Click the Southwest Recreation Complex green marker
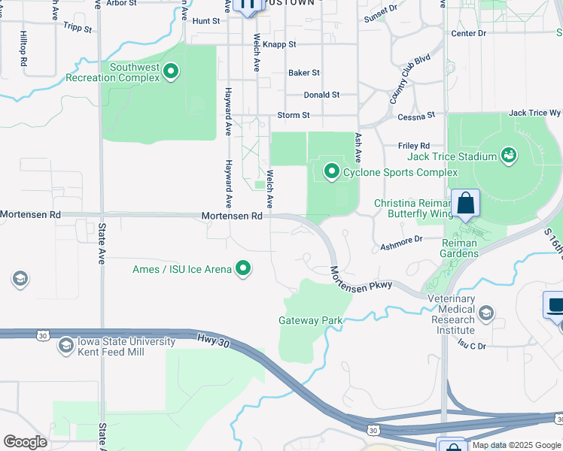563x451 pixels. tap(171, 72)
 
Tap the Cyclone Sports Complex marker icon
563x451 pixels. tap(331, 172)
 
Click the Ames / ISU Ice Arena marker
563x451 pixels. tap(242, 268)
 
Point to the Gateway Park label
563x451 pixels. tap(311, 320)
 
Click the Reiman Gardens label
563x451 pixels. tap(459, 248)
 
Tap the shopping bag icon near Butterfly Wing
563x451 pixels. tap(466, 204)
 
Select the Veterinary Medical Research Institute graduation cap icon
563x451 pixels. tap(486, 312)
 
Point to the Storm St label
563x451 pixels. tap(294, 115)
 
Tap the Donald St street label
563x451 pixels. tap(321, 95)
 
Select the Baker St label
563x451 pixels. tap(304, 73)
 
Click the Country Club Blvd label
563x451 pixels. tap(409, 78)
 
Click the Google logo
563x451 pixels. tap(25, 441)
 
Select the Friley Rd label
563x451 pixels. tap(414, 145)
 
